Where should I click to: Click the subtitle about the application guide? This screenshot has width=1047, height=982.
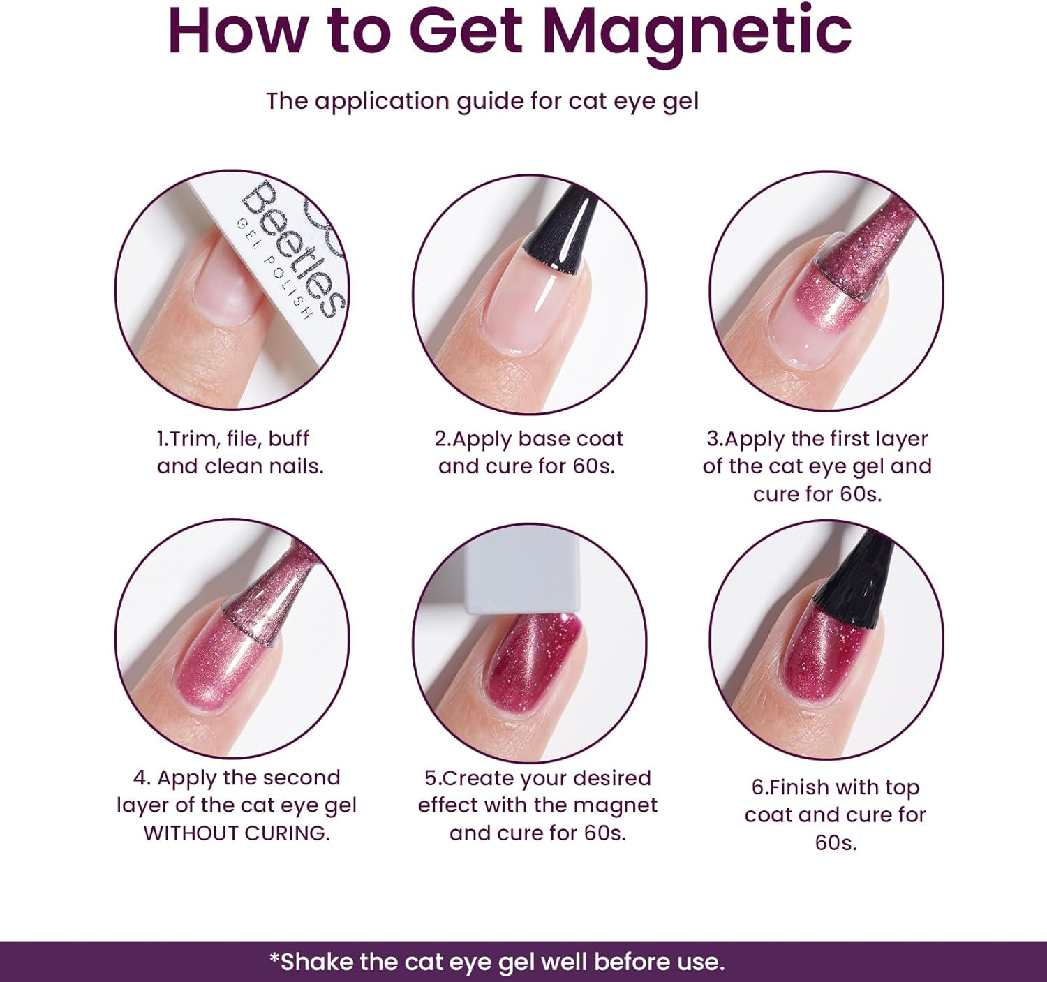coord(482,101)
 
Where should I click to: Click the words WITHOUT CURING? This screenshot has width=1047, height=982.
coord(237,833)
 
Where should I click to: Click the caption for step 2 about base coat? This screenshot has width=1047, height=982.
coord(528,452)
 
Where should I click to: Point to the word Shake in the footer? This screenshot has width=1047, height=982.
coord(318,961)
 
